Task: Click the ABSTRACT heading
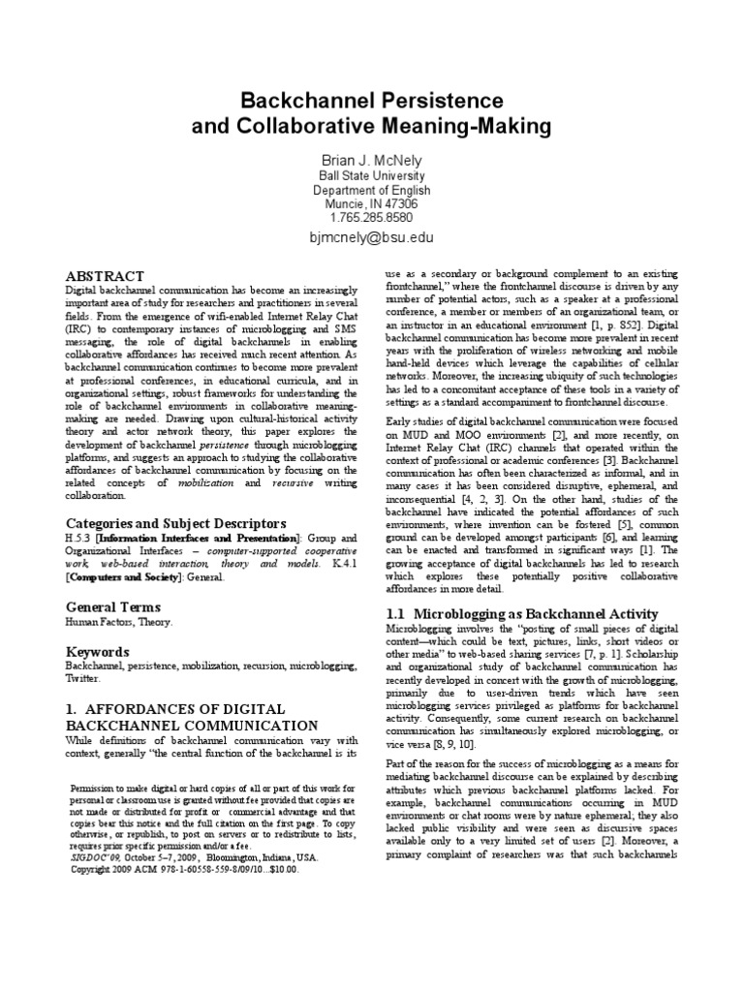click(x=104, y=276)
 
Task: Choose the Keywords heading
click(x=96, y=651)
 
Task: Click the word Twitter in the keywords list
click(x=84, y=681)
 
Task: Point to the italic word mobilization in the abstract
click(x=197, y=482)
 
